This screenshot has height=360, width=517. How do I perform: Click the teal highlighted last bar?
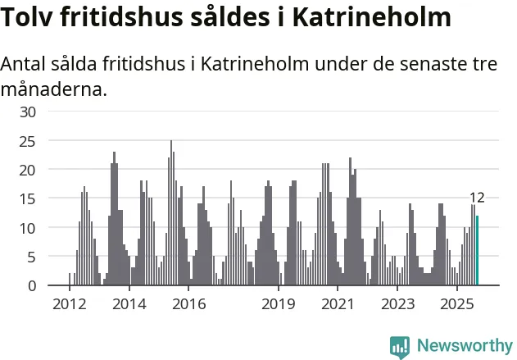point(477,251)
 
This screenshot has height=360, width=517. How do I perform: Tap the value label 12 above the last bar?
point(477,198)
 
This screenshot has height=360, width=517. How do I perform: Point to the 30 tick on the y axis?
point(27,112)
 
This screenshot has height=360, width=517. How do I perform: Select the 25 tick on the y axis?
point(27,141)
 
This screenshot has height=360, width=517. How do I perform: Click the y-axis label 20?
point(27,170)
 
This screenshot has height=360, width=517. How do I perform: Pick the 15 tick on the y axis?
point(27,198)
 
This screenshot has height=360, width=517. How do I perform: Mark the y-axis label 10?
point(27,228)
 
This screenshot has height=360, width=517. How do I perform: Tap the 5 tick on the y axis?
point(31,257)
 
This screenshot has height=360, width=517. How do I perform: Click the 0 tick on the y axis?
point(31,285)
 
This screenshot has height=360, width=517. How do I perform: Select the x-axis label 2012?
point(69,305)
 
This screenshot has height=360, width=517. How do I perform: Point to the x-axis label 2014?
point(129,305)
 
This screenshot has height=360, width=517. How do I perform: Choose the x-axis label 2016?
point(188,305)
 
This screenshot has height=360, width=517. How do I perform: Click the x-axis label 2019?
point(279,305)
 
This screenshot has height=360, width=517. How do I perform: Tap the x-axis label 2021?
point(338,305)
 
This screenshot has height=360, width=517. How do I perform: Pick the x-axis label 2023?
point(398,305)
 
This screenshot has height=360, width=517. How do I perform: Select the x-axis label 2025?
point(458,305)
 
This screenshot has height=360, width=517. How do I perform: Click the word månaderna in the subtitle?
point(54,89)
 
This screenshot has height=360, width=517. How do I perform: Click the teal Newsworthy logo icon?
point(399,346)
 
